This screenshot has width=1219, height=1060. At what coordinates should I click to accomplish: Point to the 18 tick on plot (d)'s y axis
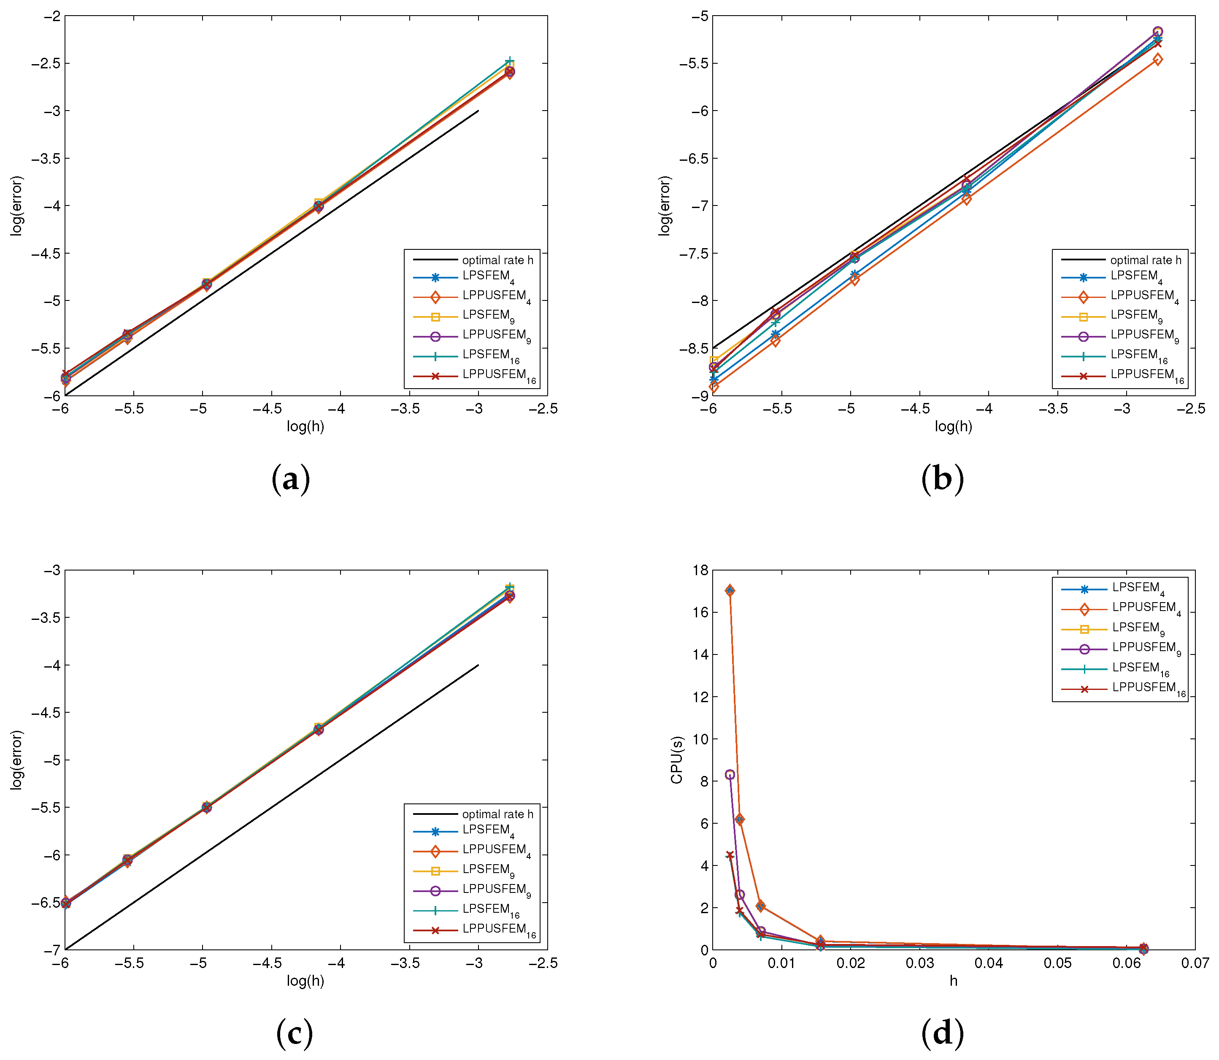700,570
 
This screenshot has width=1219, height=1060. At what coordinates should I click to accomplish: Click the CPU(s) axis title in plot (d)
677,760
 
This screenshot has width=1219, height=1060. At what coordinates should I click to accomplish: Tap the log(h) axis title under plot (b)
953,427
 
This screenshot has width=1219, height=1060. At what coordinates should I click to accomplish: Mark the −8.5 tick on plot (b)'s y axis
694,349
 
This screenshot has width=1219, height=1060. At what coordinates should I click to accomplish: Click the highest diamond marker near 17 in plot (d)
730,590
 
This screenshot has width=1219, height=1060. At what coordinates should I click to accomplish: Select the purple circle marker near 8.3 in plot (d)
730,775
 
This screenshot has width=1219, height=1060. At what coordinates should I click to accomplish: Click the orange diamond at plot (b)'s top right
1157,59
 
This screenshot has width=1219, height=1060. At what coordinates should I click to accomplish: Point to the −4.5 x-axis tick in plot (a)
271,409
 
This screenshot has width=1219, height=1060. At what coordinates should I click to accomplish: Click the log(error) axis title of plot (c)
16,760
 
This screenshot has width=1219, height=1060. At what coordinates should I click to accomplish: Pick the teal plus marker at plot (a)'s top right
509,62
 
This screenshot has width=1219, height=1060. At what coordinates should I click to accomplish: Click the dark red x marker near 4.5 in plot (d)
730,855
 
